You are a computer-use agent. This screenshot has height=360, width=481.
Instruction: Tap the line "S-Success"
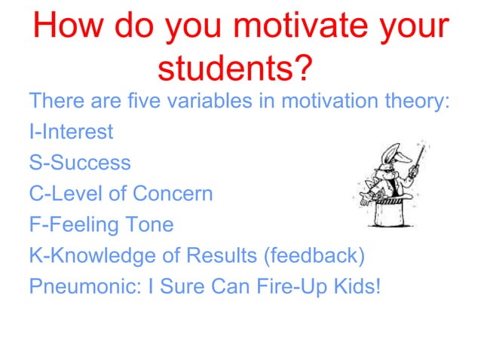pos(79,163)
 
